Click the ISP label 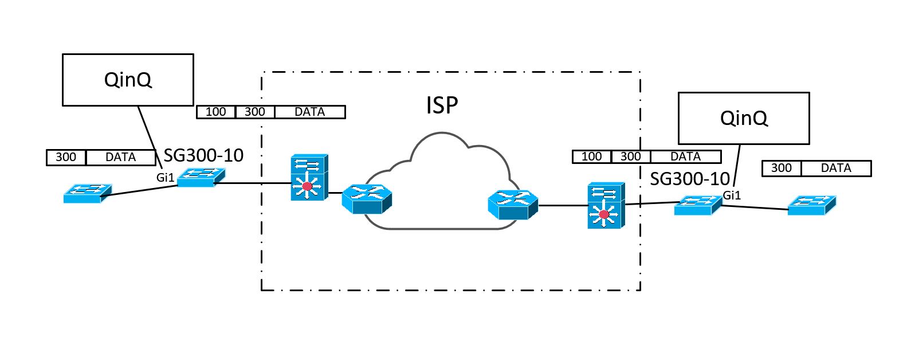coord(442,105)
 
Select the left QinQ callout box coord(128,80)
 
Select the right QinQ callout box coord(743,118)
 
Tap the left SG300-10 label coord(203,155)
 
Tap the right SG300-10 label coord(689,179)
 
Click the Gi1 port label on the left coord(165,178)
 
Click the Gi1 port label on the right coord(732,195)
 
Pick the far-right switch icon coord(811,205)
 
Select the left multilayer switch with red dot coord(309,177)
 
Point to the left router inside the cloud coord(367,199)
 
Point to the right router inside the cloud coord(512,205)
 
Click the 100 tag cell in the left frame coord(215,112)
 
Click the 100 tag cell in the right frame coord(591,156)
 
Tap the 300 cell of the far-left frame coord(66,157)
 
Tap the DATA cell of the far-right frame coord(835,169)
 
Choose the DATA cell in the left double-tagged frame coord(309,112)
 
